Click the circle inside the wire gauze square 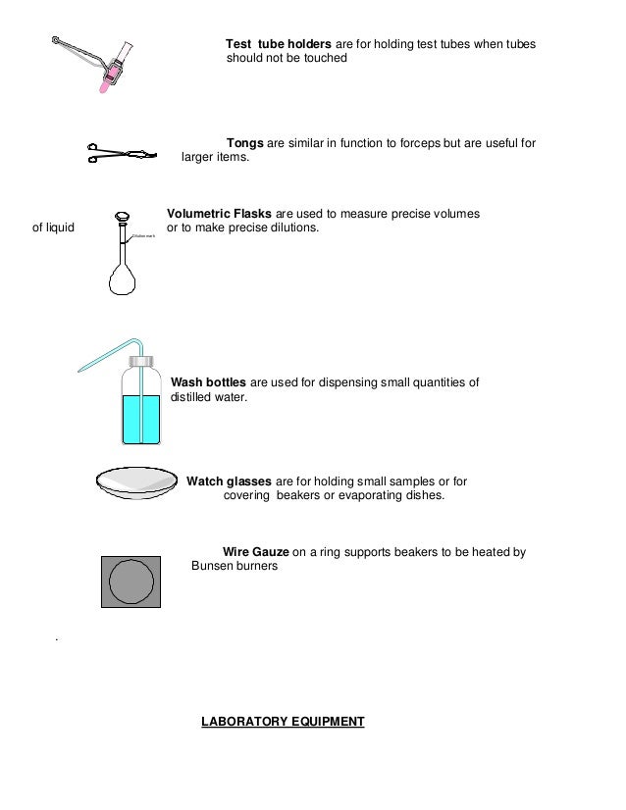(130, 582)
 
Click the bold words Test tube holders (280, 45)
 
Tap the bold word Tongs (244, 143)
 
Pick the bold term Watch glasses (230, 481)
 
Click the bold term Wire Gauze (256, 552)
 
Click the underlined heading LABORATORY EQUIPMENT (283, 722)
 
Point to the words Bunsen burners (235, 567)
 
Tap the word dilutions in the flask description (290, 228)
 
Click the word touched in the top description (324, 59)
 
